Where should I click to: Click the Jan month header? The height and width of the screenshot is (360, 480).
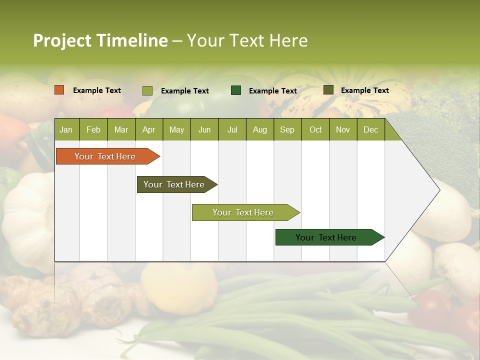coord(66,130)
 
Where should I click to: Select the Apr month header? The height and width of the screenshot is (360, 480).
coord(148,130)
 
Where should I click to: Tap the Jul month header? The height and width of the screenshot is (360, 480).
coord(232,130)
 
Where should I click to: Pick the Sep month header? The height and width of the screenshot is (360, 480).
coord(287,130)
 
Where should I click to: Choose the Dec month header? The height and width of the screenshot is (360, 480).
coord(370,130)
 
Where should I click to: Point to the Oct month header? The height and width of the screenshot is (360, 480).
coord(315,130)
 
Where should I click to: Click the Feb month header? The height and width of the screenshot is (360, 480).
coord(93,130)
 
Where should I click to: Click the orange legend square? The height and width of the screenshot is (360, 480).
coord(59,90)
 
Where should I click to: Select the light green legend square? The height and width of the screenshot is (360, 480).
coord(147,90)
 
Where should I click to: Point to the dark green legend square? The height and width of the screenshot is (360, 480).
coord(236,90)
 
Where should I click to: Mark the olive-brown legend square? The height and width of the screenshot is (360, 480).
coord(328,90)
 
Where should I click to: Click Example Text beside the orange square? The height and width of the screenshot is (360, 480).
coord(97,90)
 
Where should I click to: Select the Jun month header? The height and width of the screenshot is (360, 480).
coord(204,130)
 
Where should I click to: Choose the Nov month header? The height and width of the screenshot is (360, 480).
coord(343,130)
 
